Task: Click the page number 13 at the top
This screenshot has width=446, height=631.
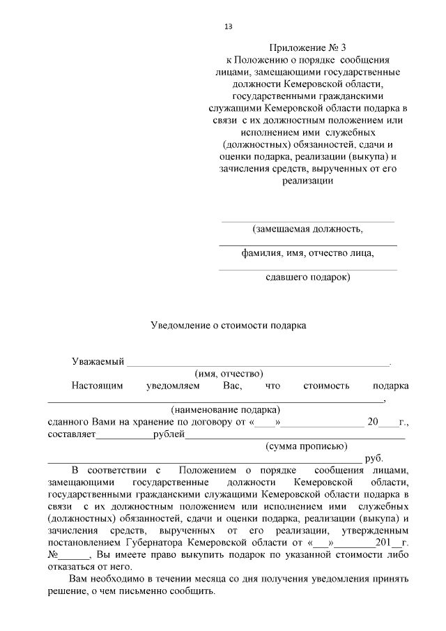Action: [x=228, y=26]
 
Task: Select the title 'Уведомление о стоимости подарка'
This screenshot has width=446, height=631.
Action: [x=229, y=325]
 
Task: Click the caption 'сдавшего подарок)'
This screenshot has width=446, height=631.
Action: [x=308, y=278]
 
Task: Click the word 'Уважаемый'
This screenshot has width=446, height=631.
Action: [x=98, y=362]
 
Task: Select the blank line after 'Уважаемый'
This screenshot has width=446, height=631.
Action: [x=258, y=363]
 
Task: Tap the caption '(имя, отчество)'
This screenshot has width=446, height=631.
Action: [x=228, y=374]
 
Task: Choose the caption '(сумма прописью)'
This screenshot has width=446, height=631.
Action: [x=307, y=446]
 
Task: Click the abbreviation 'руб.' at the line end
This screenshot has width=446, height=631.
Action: [x=374, y=458]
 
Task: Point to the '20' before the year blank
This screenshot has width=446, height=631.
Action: [x=373, y=423]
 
